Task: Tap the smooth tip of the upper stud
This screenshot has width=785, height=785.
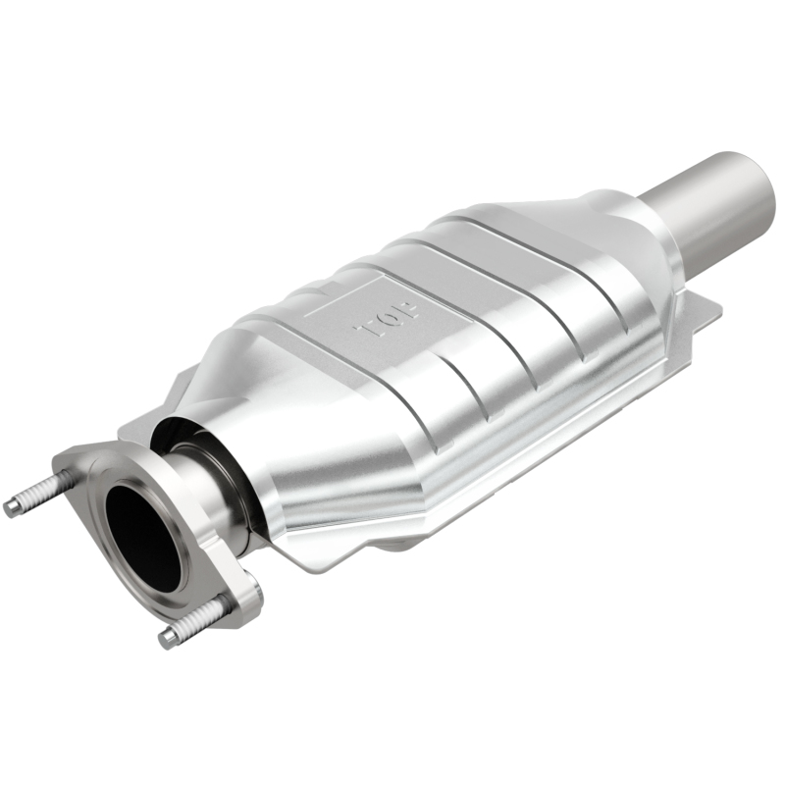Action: coord(13,508)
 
